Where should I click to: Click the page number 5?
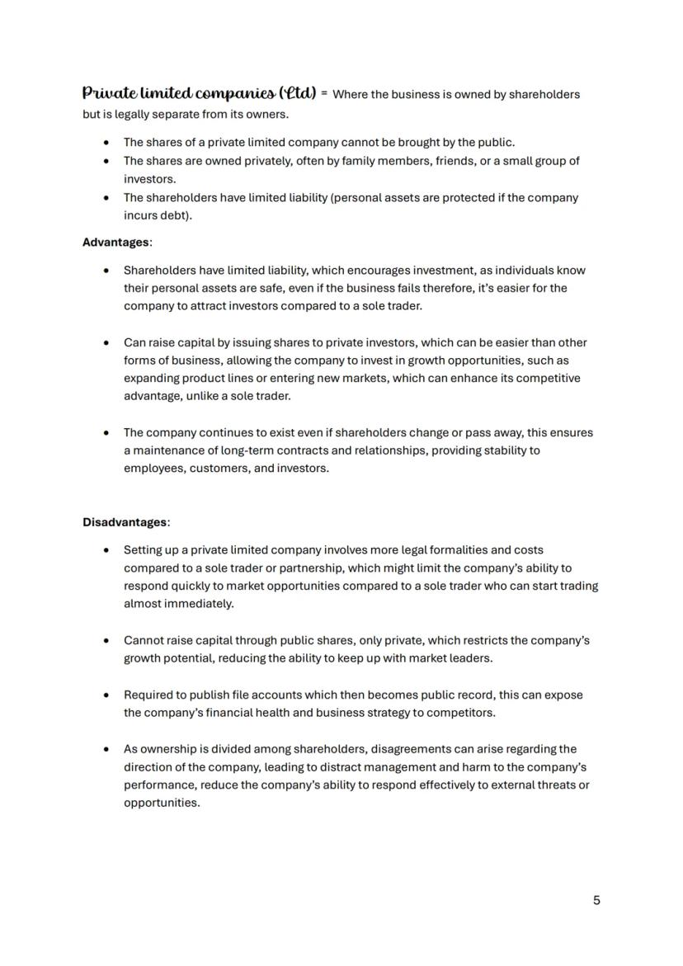pos(596,900)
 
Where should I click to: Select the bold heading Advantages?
pos(116,243)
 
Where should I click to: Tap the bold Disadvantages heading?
pos(125,522)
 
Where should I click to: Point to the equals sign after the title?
pos(325,94)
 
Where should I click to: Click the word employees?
pos(153,469)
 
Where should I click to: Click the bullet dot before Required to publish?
pos(106,695)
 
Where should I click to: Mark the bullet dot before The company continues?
pos(106,432)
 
